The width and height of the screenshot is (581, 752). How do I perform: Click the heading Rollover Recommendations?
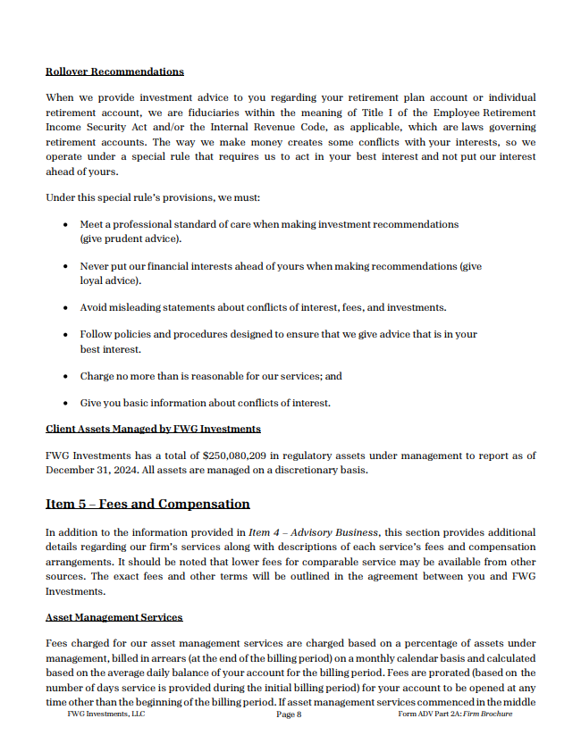click(114, 71)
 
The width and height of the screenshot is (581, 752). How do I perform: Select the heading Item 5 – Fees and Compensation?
click(147, 505)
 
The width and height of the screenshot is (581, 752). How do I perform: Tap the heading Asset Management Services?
click(114, 617)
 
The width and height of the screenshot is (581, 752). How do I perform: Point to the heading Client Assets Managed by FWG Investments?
click(153, 429)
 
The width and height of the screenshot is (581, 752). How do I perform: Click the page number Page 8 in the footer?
click(289, 714)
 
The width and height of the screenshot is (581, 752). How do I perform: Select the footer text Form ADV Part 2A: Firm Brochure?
click(455, 714)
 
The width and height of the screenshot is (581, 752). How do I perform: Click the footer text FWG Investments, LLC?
click(105, 714)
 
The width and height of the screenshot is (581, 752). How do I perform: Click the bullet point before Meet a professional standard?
click(68, 225)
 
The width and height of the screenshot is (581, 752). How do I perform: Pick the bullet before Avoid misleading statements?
click(68, 308)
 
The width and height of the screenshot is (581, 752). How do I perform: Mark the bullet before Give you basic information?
click(68, 404)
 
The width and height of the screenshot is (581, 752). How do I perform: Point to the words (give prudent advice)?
click(131, 238)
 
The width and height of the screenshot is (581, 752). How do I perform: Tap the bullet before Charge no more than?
click(68, 377)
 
